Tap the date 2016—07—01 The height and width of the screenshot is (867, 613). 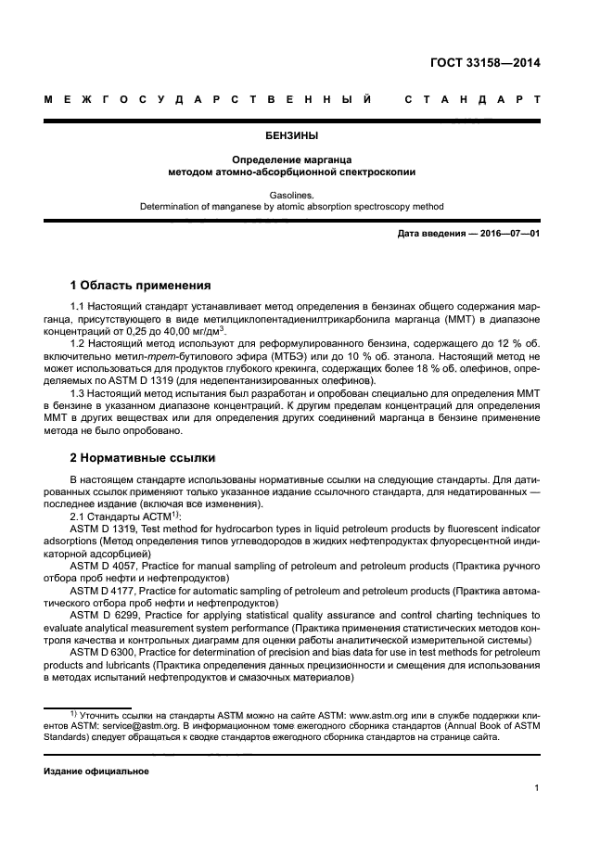[x=506, y=234]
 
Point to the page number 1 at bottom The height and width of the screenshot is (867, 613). [x=537, y=788]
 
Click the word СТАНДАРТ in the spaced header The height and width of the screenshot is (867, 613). [x=472, y=99]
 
